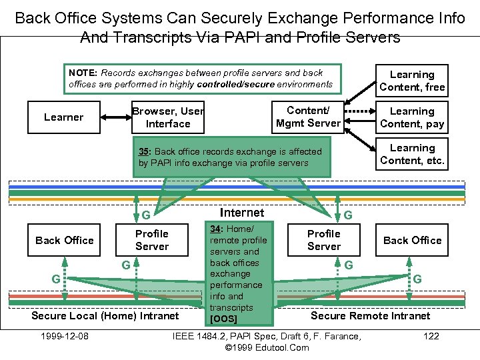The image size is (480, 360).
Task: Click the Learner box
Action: pos(64,117)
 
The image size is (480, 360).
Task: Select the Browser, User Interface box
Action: pos(168,117)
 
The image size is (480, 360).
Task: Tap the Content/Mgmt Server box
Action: pos(308,117)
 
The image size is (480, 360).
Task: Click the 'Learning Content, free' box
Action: pos(412,81)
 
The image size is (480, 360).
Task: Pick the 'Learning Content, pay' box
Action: pos(412,117)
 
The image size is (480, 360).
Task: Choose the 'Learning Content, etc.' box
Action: pos(412,154)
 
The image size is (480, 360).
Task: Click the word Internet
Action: pos(241,213)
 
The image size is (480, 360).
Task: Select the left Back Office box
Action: pos(65,240)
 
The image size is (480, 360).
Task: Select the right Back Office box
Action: pos(412,240)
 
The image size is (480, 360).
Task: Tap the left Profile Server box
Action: pos(152,240)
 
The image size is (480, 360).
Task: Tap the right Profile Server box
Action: pos(324,240)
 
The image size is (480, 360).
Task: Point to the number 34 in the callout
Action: pos(216,229)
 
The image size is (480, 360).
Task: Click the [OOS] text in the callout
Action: pos(223,319)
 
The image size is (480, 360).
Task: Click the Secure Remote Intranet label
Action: pos(370,315)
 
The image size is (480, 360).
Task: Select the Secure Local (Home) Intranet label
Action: pos(105,315)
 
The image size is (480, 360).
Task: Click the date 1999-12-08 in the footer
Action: pos(65,336)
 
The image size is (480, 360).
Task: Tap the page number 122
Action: pos(431,336)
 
